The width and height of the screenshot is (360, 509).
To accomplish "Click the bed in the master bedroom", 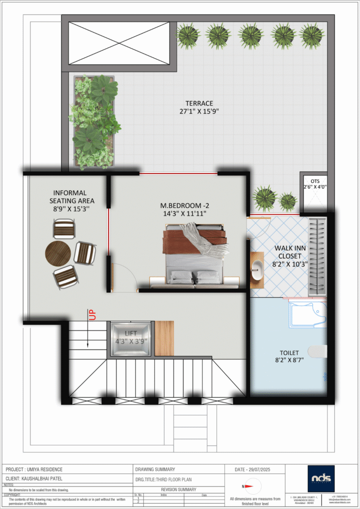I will pyautogui.click(x=195, y=254).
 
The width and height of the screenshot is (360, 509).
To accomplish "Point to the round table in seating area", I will pyautogui.click(x=58, y=254).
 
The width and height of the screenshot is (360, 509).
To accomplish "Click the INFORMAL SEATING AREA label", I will pyautogui.click(x=70, y=196).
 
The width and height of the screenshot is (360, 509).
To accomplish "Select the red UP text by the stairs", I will pyautogui.click(x=91, y=314).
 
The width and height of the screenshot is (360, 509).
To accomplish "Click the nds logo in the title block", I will pyautogui.click(x=324, y=479).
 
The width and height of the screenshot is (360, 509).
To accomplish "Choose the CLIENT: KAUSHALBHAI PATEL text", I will pyautogui.click(x=34, y=479).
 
